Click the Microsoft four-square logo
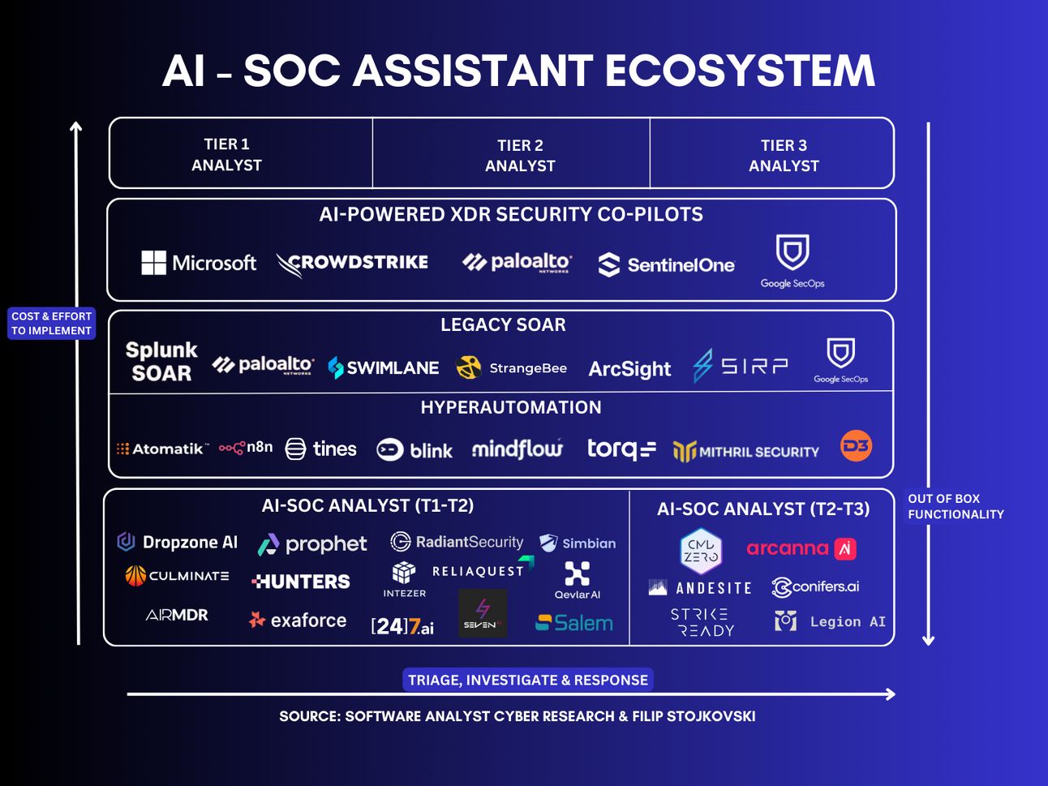click(154, 263)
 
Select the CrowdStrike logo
click(352, 264)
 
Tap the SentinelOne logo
click(667, 265)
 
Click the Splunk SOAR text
click(161, 361)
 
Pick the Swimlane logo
click(384, 367)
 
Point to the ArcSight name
click(629, 369)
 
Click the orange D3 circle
click(856, 446)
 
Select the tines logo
click(320, 449)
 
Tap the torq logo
click(621, 449)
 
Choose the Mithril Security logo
click(745, 452)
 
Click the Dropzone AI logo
click(177, 542)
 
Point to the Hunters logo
click(301, 582)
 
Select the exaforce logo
click(298, 621)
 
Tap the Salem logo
click(574, 623)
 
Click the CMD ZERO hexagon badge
click(701, 551)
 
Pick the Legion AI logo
click(830, 621)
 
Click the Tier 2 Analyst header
click(520, 156)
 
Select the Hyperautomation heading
click(511, 407)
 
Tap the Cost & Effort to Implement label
click(52, 324)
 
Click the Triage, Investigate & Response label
click(528, 680)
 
